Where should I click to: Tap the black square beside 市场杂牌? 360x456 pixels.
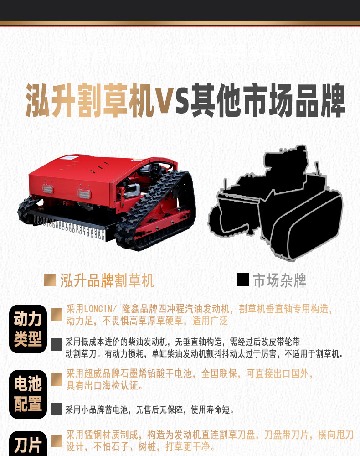click(x=243, y=280)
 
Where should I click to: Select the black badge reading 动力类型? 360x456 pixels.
click(x=28, y=329)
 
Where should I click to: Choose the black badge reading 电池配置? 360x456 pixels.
click(x=28, y=394)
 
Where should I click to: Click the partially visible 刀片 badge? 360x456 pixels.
click(x=28, y=444)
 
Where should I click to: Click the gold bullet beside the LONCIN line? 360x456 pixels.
click(x=56, y=314)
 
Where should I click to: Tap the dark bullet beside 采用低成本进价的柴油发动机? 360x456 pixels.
click(x=56, y=345)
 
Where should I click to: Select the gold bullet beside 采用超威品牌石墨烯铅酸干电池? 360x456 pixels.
click(x=56, y=380)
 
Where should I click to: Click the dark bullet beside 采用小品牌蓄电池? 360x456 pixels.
click(x=56, y=409)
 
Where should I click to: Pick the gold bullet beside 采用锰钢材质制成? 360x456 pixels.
click(x=56, y=440)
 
